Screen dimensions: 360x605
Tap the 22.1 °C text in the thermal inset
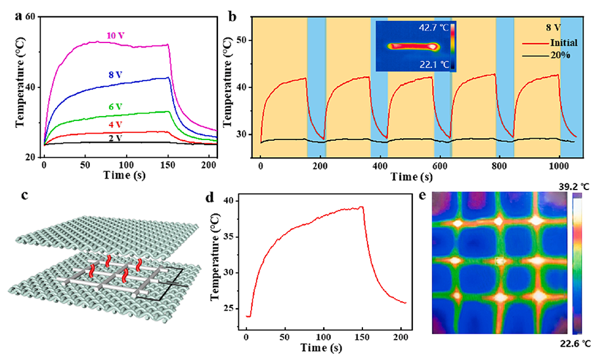[433, 62]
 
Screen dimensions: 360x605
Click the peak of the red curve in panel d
[362, 207]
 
